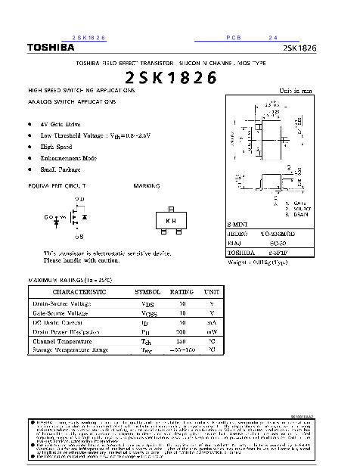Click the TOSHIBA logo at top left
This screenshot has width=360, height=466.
click(51, 48)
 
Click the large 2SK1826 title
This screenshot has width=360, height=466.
click(170, 77)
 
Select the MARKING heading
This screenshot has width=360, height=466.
click(146, 185)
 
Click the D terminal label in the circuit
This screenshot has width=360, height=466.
click(81, 199)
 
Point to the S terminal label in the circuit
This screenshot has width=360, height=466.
click(79, 237)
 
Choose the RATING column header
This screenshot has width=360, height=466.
click(182, 290)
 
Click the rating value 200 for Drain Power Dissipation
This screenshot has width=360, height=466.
click(182, 331)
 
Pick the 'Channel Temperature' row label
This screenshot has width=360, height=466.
click(61, 341)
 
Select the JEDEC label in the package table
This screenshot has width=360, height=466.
click(238, 235)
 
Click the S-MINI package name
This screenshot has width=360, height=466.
click(240, 225)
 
